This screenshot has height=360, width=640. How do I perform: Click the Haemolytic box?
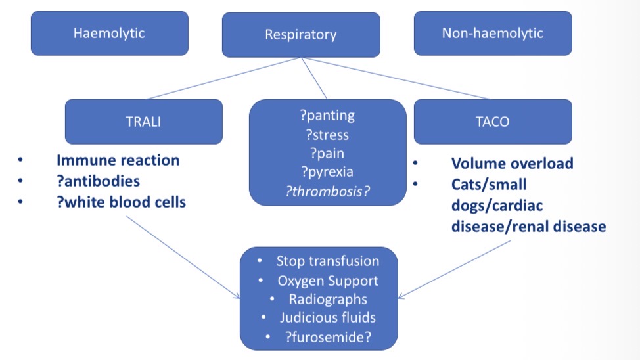tap(109, 33)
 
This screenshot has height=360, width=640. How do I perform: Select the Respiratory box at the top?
tap(301, 34)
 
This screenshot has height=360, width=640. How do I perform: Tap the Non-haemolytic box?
tap(493, 33)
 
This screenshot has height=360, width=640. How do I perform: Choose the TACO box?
tap(493, 121)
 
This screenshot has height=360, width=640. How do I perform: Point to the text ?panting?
tap(327, 116)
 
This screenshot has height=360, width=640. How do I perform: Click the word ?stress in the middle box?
tap(327, 135)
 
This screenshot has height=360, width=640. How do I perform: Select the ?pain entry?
tap(327, 154)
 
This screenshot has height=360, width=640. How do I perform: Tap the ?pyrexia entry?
tap(327, 173)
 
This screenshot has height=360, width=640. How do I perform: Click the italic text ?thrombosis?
tap(327, 192)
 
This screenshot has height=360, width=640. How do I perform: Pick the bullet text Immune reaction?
tap(118, 160)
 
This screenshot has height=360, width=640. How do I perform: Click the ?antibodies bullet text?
tap(99, 181)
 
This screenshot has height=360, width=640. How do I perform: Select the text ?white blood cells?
tap(121, 202)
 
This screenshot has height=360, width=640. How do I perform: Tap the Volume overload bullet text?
tap(512, 163)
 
